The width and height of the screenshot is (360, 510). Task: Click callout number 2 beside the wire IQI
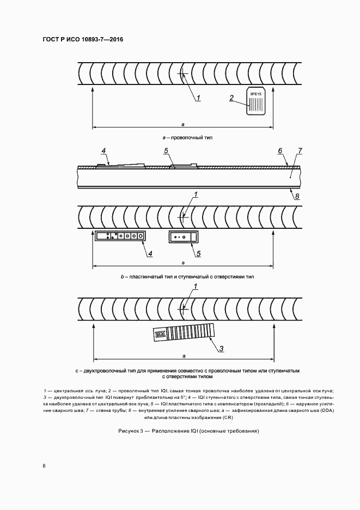(231, 99)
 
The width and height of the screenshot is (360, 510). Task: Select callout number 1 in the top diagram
(199, 98)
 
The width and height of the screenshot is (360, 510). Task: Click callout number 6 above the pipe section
(279, 150)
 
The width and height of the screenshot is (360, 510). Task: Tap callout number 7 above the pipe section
(300, 150)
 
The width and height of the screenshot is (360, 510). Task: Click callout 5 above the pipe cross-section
(166, 150)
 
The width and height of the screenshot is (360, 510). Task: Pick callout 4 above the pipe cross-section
(103, 150)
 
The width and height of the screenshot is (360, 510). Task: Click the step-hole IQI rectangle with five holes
(120, 236)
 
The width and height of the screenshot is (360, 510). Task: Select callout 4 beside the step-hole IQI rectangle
(150, 253)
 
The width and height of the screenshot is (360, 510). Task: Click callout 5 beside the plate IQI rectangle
(199, 253)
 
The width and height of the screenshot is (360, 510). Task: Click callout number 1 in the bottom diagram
(196, 286)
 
